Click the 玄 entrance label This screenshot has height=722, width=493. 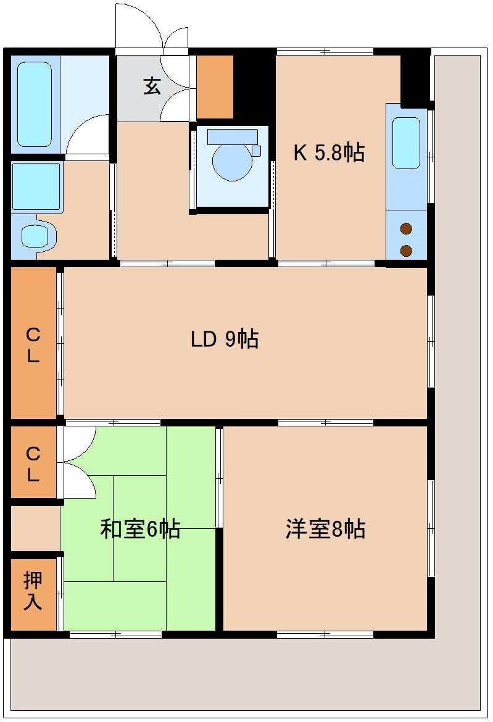point(152,86)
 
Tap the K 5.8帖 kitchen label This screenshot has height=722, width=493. point(328,152)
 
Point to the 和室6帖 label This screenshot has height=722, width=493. point(140,529)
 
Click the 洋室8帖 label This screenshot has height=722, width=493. point(325,529)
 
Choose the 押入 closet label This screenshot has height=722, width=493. point(33,591)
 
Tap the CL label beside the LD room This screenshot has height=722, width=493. point(33,346)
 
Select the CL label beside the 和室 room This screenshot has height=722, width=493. point(33,464)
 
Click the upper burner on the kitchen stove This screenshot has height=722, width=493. point(406,230)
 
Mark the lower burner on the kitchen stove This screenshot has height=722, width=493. point(406,250)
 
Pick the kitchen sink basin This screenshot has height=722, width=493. point(406,143)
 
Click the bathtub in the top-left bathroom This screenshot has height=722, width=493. point(34,104)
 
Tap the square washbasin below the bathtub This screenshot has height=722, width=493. point(36,186)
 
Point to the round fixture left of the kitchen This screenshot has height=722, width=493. point(232,162)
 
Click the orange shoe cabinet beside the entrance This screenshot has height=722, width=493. point(215,86)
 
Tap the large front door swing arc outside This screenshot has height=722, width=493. point(137,25)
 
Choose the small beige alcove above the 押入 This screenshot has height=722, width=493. point(35,528)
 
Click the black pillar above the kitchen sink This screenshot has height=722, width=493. point(415,78)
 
